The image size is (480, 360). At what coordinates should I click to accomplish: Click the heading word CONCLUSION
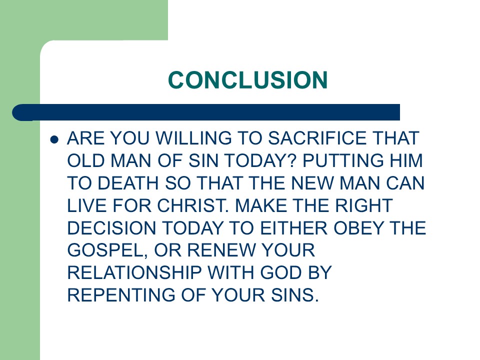tap(247, 80)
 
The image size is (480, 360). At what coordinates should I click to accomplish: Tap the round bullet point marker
tap(55, 139)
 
